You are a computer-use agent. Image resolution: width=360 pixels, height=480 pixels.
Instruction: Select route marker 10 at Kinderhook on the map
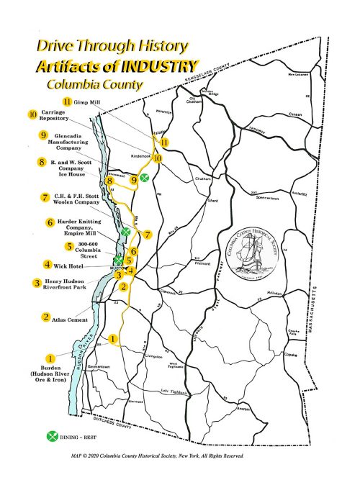[x=158, y=158]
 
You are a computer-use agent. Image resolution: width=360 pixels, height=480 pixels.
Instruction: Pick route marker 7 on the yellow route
[x=146, y=235]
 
